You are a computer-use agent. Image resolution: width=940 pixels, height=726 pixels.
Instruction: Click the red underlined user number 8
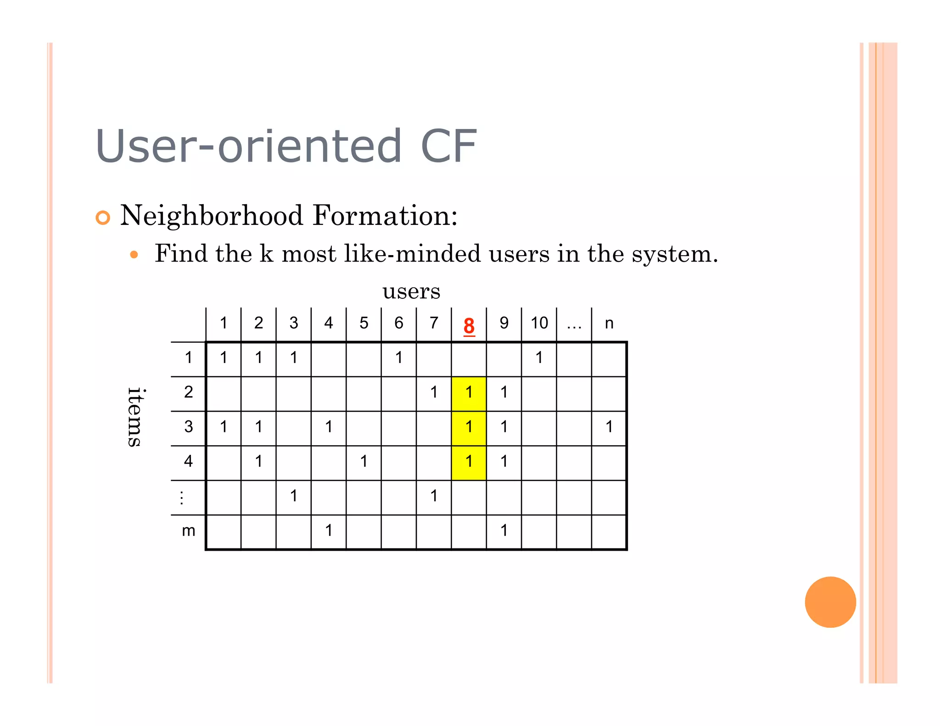(469, 326)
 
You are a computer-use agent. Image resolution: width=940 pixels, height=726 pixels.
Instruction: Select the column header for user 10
(539, 323)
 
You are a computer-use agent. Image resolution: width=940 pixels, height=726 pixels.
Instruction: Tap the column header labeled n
(609, 324)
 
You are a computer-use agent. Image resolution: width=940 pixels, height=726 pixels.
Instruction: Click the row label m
(189, 531)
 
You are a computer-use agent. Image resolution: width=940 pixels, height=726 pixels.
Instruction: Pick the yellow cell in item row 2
(469, 393)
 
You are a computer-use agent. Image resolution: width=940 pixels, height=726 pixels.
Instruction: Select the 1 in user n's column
(609, 427)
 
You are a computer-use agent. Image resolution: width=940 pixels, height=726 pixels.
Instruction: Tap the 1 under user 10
(539, 358)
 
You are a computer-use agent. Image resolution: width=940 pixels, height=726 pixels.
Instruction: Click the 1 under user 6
(399, 358)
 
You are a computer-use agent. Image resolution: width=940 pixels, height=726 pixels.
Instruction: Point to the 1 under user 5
(364, 462)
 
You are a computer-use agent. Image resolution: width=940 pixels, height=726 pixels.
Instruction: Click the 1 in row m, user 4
(329, 531)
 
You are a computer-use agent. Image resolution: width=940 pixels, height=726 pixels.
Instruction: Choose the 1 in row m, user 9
(504, 531)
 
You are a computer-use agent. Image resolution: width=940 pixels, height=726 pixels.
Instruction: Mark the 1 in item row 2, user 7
(434, 392)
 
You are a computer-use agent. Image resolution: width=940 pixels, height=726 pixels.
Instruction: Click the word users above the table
(411, 291)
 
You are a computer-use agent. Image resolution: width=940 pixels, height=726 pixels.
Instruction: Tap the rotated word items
(135, 416)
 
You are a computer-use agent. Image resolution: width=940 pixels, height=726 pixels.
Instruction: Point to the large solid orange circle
(830, 602)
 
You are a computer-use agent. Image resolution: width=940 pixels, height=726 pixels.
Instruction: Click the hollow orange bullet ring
(103, 218)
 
